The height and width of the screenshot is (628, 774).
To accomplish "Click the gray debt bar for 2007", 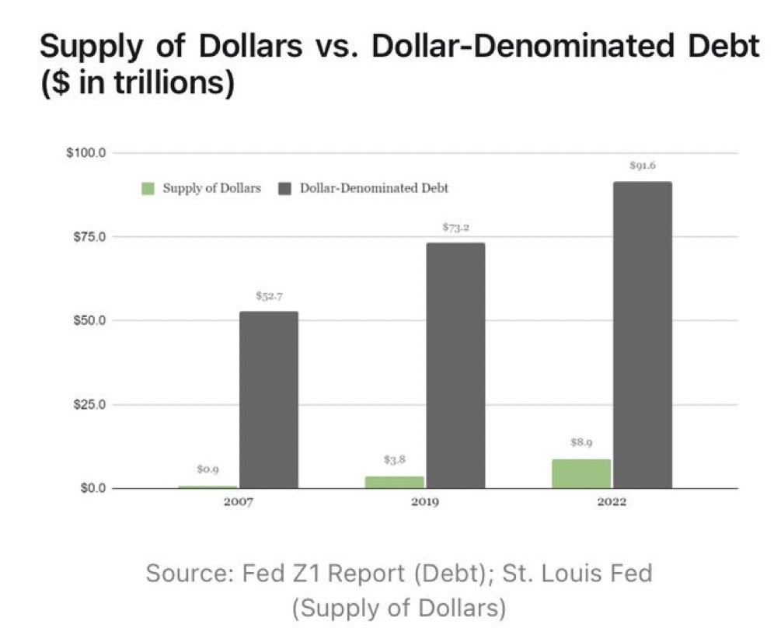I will click(x=268, y=399).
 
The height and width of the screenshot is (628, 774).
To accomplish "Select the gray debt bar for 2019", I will click(x=455, y=365).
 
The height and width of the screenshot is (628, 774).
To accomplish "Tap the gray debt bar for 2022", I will click(x=642, y=335).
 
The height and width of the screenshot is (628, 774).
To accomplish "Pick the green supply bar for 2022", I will click(x=581, y=473).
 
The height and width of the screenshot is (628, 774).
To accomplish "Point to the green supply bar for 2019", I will click(x=395, y=482).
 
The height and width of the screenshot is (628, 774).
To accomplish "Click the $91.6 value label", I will click(x=642, y=166).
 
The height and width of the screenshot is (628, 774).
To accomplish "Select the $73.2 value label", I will click(x=455, y=227).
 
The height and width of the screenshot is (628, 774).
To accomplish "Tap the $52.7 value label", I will click(x=268, y=295).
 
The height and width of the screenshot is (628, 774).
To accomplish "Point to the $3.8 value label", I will click(x=395, y=459).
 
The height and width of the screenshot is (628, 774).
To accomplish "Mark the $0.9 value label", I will click(x=207, y=469).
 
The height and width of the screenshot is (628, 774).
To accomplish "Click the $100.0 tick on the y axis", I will click(x=86, y=152).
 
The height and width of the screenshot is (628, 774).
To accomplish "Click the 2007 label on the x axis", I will click(x=238, y=502).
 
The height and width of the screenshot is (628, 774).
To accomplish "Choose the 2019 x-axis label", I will click(x=424, y=502).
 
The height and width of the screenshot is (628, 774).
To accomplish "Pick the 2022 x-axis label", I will click(x=612, y=502).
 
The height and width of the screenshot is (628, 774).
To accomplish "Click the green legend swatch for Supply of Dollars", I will click(x=148, y=189).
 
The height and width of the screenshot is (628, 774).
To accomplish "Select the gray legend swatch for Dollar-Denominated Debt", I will click(x=284, y=189).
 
